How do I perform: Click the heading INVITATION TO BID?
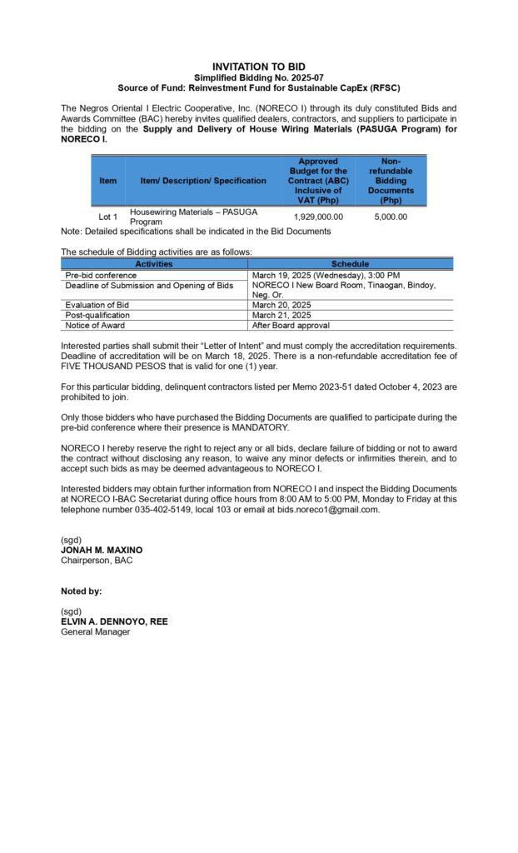258,66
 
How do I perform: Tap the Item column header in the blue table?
108,181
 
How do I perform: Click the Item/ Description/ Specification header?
203,181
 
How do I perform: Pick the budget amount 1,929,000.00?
318,217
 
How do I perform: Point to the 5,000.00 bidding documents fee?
391,217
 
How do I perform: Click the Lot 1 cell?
108,217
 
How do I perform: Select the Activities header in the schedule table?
154,264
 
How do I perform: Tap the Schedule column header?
350,264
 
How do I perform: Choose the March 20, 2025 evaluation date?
281,305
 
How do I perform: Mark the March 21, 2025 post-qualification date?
281,316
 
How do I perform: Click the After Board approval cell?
291,326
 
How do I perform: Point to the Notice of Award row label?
95,326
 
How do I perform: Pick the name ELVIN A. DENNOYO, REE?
114,621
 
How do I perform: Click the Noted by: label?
82,591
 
